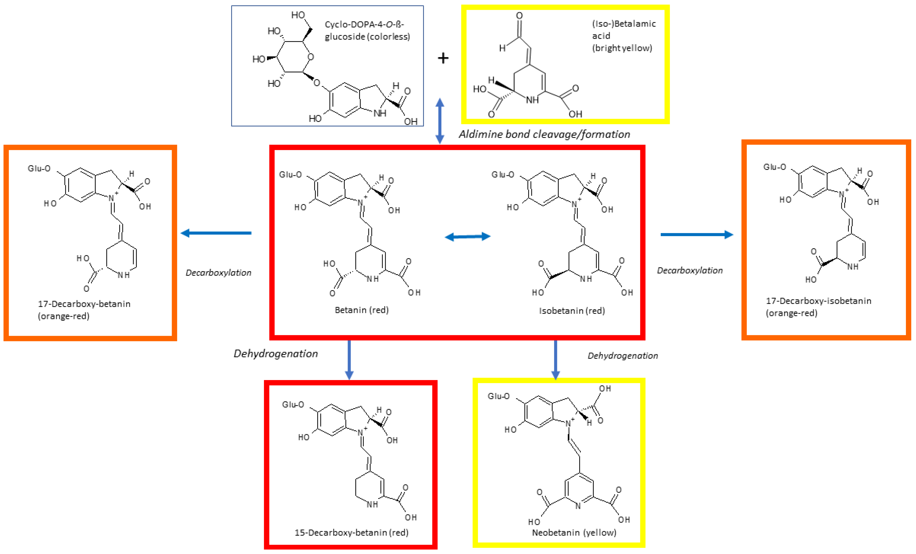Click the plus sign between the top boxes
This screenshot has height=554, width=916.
(x=443, y=58)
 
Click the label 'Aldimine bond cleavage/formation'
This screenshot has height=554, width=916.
(x=544, y=134)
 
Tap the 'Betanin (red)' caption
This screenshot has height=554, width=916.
(x=361, y=310)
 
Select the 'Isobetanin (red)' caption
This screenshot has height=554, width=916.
(x=572, y=311)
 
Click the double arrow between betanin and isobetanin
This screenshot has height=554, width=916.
(x=467, y=237)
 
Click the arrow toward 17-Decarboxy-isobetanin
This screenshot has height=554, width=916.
(x=696, y=235)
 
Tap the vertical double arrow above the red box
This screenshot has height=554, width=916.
(x=440, y=121)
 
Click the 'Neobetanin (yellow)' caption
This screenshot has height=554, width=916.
(x=574, y=532)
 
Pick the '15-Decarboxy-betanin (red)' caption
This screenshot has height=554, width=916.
(x=351, y=532)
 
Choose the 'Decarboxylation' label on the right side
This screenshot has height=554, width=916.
(x=690, y=270)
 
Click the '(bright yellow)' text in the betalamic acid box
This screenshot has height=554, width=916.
(x=622, y=48)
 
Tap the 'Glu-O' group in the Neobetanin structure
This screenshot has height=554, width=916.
(x=499, y=396)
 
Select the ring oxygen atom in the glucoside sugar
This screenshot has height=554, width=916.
(x=311, y=57)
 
